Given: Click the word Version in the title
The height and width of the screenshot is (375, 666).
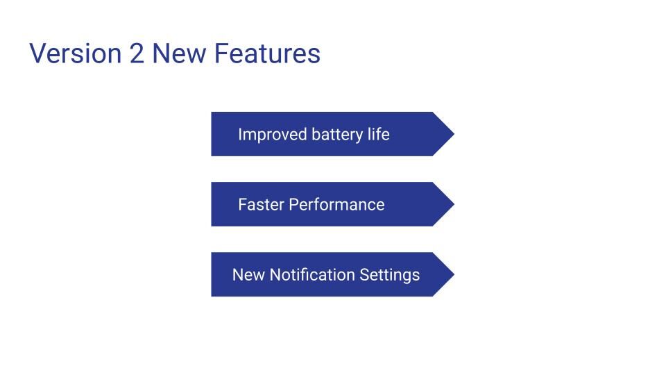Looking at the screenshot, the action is click(76, 53).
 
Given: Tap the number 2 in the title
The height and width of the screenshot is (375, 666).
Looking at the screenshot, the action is click(137, 53).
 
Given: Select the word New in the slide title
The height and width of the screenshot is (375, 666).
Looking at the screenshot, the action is click(179, 53).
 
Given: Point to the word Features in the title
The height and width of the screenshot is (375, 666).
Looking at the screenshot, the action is click(267, 53).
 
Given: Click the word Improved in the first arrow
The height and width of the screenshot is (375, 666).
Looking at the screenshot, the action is click(272, 135).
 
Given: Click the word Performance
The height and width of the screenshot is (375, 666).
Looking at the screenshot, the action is click(336, 204).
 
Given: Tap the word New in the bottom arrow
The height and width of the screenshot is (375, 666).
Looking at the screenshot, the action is click(248, 275).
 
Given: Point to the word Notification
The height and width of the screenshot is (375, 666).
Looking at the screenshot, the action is click(312, 275).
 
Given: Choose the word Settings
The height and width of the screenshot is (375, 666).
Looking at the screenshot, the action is click(389, 276).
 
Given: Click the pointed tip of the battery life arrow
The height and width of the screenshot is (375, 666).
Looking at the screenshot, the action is click(454, 134).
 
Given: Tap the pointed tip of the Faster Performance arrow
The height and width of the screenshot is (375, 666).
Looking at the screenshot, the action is click(454, 204).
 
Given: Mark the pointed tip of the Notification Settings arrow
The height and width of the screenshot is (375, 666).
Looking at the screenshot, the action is click(454, 274).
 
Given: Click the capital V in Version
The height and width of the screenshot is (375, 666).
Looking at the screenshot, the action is click(37, 53).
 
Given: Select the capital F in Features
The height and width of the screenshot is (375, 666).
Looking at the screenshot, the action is click(221, 53).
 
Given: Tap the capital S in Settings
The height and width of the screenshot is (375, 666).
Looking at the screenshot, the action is click(364, 275).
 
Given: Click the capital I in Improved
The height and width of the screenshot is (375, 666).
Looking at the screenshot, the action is click(240, 134).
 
